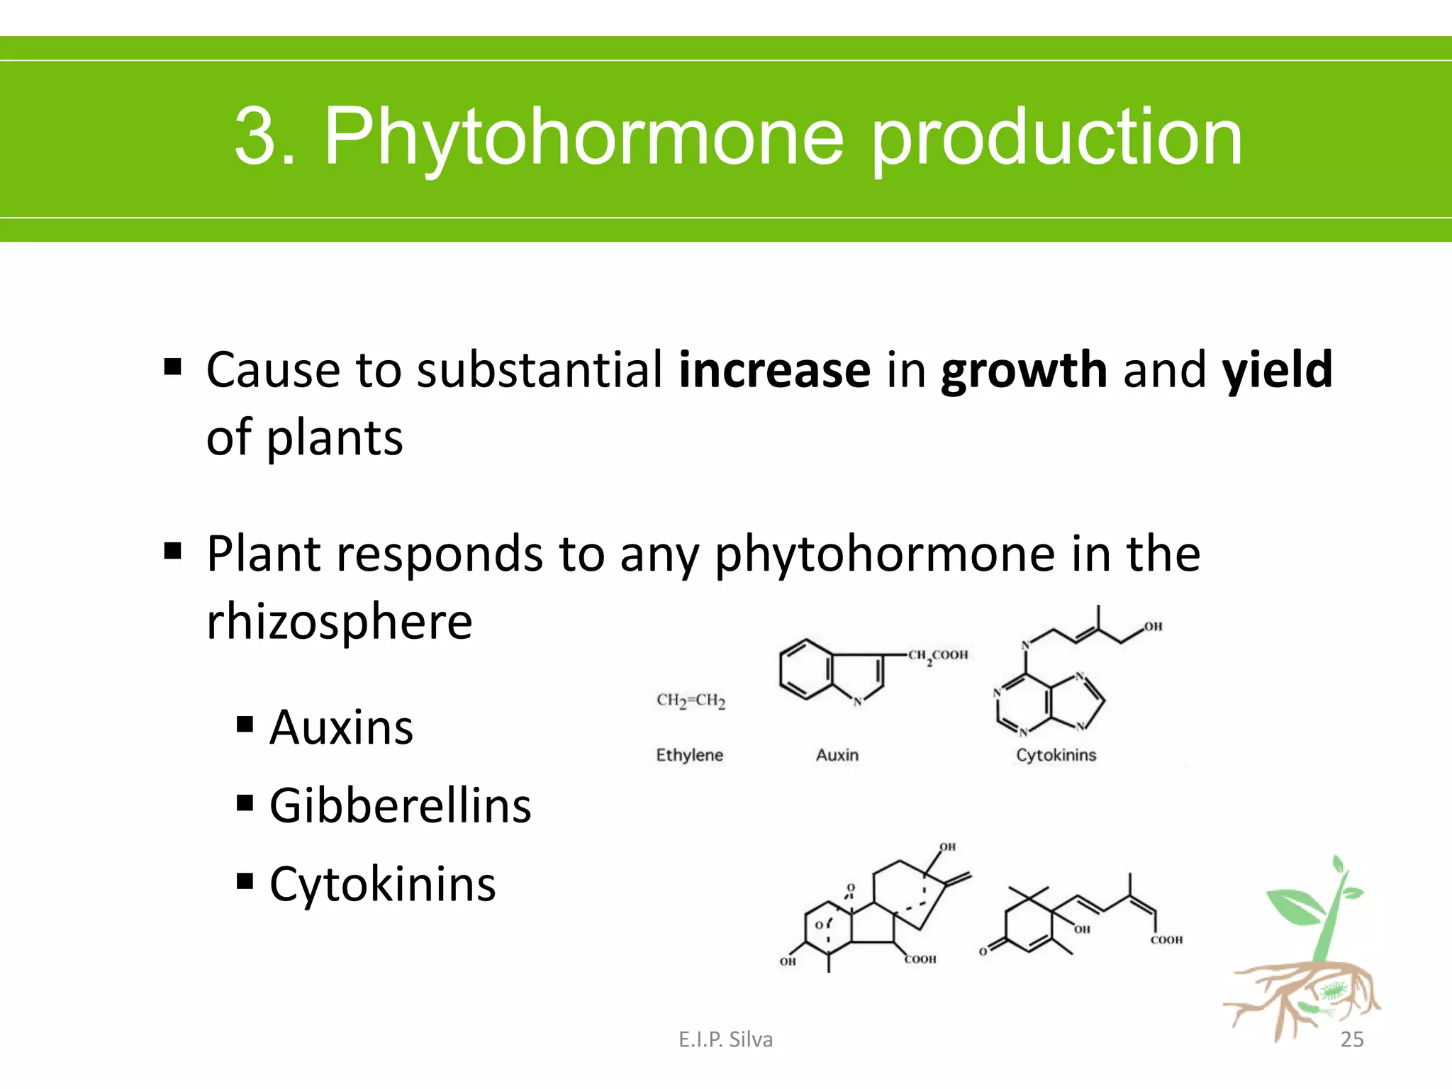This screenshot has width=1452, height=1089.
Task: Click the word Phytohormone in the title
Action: click(x=584, y=136)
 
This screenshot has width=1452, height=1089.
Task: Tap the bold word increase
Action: click(x=774, y=370)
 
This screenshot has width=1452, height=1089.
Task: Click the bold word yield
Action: click(x=1277, y=370)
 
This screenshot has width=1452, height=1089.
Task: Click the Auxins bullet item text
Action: click(x=341, y=727)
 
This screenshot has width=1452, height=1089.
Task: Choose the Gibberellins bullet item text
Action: click(x=400, y=806)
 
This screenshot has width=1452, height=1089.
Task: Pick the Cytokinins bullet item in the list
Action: click(x=382, y=885)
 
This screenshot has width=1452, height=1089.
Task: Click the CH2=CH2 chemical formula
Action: click(x=691, y=700)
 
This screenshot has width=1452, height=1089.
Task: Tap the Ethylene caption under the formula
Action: click(x=689, y=755)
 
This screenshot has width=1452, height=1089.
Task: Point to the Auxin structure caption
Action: click(x=837, y=755)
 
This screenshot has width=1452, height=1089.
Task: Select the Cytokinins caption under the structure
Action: click(x=1056, y=755)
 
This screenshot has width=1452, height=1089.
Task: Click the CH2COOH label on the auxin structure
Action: click(x=937, y=655)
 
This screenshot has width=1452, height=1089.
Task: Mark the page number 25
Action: click(x=1351, y=1039)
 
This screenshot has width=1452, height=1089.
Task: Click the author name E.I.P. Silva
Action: click(x=725, y=1039)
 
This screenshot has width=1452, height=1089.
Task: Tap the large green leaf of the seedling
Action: click(x=1295, y=907)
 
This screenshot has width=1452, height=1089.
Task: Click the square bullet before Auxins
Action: click(x=245, y=725)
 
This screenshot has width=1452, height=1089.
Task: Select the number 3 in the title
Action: click(x=255, y=136)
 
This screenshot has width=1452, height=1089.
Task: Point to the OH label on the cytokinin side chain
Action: click(x=1153, y=627)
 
